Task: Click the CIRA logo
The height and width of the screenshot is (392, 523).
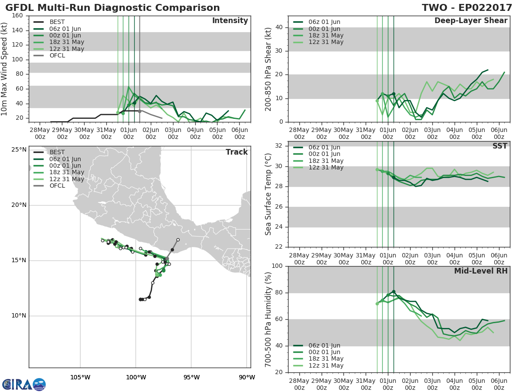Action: pos(24,384)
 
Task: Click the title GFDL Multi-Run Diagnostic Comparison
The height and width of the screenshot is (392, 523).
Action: pos(112,7)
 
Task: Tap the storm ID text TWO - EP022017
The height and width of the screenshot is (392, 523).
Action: pos(467,7)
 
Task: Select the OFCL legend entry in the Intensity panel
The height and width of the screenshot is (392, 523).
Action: pos(49,55)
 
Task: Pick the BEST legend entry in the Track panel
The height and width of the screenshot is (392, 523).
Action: pos(49,152)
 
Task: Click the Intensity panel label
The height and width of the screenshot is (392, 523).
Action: pos(230,21)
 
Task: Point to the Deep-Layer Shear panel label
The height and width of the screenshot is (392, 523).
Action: pos(471,21)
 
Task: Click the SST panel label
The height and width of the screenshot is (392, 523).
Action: pos(499,146)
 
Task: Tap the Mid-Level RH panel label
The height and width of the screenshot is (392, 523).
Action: pos(481,271)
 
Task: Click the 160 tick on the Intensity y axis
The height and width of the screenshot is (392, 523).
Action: pos(17,16)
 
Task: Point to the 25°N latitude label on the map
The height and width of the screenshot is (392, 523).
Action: pos(19,149)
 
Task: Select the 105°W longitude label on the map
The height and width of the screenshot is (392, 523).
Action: pos(80,377)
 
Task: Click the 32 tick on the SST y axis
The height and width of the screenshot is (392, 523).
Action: pos(278,145)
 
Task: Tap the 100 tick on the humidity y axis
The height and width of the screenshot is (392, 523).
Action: pos(277,266)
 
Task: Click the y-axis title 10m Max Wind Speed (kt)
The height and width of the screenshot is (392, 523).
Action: pos(4,69)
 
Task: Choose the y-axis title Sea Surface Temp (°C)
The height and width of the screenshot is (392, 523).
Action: pos(268,194)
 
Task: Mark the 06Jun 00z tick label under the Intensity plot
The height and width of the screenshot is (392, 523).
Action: pos(239,133)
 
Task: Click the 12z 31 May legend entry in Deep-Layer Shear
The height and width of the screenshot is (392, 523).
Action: pos(318,42)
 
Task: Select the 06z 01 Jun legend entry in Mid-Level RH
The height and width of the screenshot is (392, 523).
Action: pos(318,345)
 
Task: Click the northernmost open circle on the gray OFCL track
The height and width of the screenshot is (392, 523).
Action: pos(178,240)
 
